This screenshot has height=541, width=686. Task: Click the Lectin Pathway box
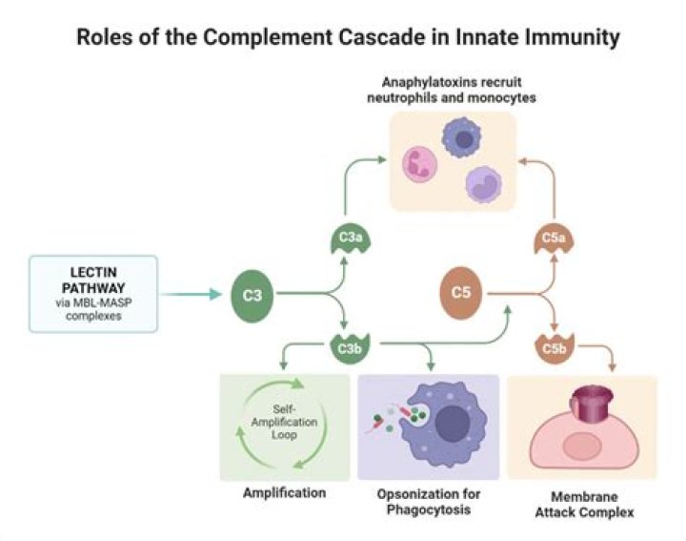pyautogui.click(x=93, y=293)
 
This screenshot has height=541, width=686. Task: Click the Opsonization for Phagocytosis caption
pyautogui.click(x=427, y=501)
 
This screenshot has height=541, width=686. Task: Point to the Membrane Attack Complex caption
pyautogui.click(x=581, y=505)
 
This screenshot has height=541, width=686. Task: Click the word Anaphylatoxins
pyautogui.click(x=415, y=83)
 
